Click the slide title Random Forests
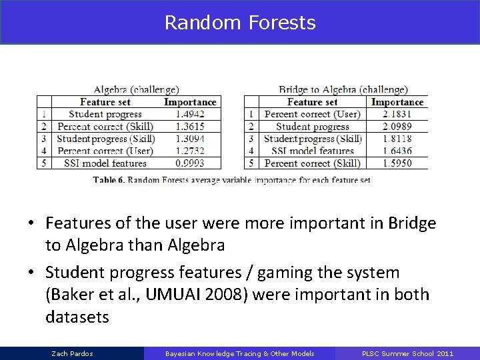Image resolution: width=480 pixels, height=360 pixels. coord(240,23)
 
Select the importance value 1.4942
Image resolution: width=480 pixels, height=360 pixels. coord(190,114)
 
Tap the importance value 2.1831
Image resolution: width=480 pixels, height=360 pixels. coord(397,114)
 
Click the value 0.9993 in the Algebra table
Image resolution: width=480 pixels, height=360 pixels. coord(190,163)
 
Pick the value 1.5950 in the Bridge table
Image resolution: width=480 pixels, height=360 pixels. coord(397,163)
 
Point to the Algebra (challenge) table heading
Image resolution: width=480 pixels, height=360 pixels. coord(136,89)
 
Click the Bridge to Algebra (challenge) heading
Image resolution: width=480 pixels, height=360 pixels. coord(343,89)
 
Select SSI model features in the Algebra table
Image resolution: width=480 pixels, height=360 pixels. coord(105,163)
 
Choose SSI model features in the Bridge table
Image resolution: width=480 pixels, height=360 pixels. coord(313,151)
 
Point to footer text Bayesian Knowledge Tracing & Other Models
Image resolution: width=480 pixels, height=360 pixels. coord(240,353)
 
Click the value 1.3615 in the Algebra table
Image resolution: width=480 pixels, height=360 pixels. coord(190,126)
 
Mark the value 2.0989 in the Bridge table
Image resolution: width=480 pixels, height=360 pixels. coord(397,126)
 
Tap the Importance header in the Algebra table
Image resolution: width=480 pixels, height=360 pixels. coord(190,102)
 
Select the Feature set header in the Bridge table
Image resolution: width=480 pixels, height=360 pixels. coord(313,102)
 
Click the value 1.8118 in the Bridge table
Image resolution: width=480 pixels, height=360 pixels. coord(397,139)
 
